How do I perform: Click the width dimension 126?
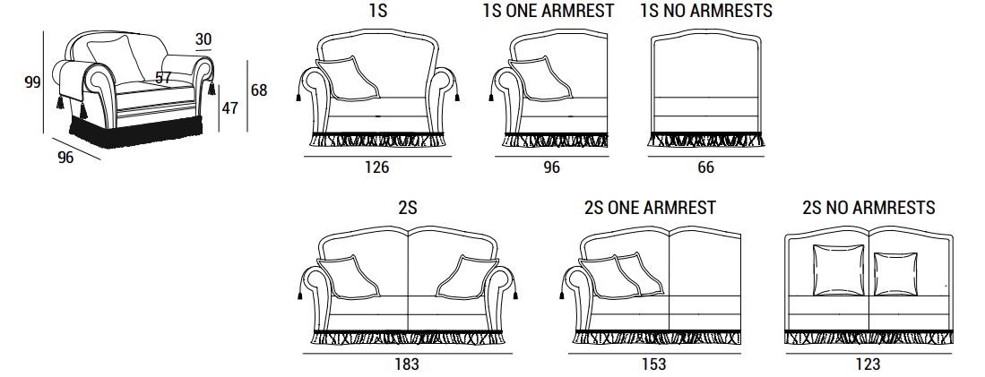point(377,167)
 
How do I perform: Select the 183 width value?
point(407,364)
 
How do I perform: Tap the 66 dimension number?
point(706,167)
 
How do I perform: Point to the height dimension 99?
point(32,82)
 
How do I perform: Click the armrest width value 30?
point(203,39)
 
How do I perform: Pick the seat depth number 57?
point(163,78)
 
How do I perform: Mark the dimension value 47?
point(230,107)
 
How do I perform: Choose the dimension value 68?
point(259,90)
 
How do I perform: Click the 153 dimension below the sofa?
point(654,364)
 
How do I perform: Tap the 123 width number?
point(868,364)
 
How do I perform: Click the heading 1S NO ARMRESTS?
point(707,11)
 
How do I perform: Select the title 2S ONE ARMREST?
point(650,208)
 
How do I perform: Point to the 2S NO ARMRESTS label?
point(868,208)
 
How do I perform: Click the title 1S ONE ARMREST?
point(549,11)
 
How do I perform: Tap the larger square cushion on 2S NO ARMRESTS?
point(838,270)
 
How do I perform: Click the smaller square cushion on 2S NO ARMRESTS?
point(895,273)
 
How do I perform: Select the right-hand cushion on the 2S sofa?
point(467,277)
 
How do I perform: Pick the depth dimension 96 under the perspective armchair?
point(65,158)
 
